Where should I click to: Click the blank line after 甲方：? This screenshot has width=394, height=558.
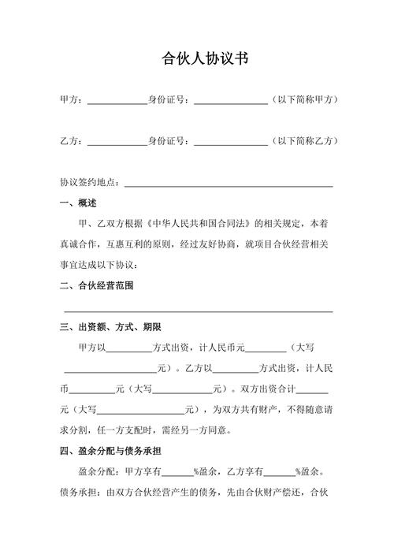117,101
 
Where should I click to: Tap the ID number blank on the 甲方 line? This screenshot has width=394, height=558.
231,101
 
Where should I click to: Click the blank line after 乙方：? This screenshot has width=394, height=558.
117,142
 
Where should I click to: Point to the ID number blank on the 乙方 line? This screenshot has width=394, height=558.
231,142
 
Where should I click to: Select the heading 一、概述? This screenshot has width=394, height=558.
78,203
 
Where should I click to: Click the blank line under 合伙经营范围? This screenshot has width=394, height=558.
197,311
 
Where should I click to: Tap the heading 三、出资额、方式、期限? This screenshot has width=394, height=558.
110,327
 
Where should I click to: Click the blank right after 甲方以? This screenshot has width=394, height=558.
128,348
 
